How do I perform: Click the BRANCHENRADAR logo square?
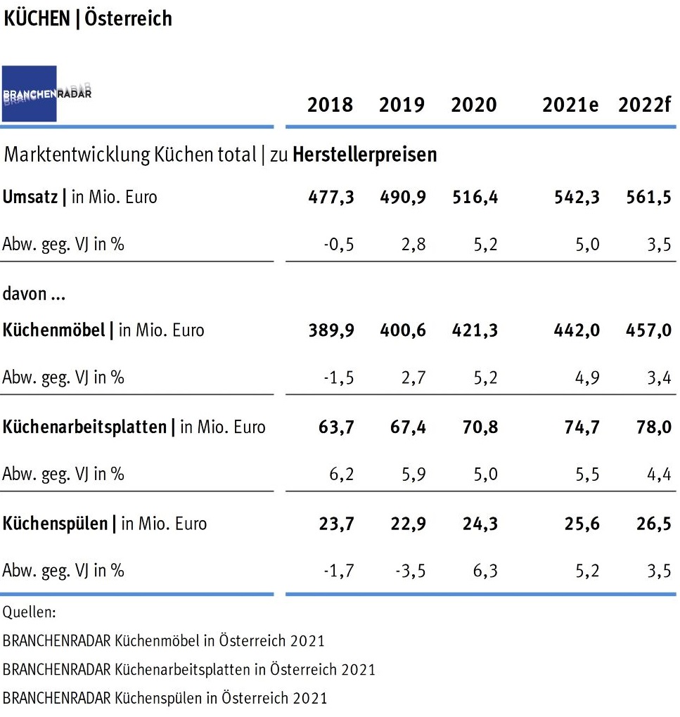(x=30, y=94)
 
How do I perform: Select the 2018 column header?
(x=330, y=105)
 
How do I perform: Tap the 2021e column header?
(x=570, y=105)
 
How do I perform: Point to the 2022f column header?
(x=645, y=105)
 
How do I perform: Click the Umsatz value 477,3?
(x=331, y=198)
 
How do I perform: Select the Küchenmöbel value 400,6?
(x=402, y=330)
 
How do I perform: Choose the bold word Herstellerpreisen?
(x=364, y=155)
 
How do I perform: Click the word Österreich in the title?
(x=129, y=18)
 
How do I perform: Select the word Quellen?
(x=29, y=612)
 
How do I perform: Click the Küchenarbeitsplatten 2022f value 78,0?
(x=651, y=427)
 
